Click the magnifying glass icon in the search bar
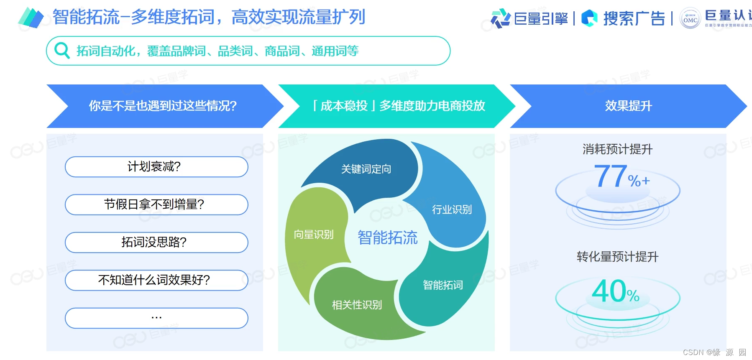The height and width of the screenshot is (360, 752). [62, 51]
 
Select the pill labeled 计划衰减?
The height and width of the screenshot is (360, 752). [156, 167]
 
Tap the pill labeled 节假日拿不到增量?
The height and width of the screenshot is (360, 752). [156, 204]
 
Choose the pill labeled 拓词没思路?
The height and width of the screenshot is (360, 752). [156, 243]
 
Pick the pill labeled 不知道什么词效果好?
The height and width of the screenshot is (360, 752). [156, 280]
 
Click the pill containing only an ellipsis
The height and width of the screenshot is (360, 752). [156, 318]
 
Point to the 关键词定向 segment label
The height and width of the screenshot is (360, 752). [366, 169]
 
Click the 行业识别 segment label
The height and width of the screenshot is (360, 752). [452, 209]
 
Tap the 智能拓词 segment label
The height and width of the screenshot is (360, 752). [443, 285]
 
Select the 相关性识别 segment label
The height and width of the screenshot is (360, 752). [357, 305]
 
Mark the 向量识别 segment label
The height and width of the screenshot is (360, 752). [314, 235]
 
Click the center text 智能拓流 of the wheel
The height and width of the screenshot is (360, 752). [387, 237]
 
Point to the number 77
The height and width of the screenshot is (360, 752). [610, 176]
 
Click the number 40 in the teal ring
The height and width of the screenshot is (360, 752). [609, 291]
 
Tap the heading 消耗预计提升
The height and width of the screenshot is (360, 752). [617, 149]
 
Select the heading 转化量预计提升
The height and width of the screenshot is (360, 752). [617, 257]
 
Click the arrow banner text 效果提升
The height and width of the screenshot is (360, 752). [628, 106]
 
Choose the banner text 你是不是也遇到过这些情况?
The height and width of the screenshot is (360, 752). [163, 106]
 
